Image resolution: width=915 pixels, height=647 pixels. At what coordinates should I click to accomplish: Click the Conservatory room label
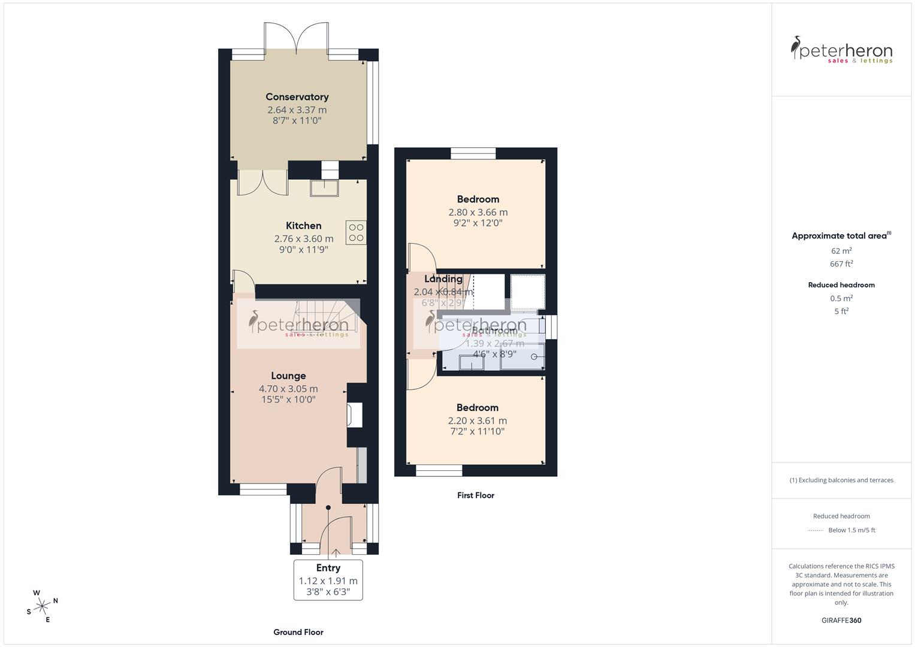tap(297, 97)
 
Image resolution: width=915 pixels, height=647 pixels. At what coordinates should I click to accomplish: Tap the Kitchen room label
tap(303, 226)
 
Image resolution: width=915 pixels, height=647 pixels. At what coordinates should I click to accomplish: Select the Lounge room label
tap(288, 376)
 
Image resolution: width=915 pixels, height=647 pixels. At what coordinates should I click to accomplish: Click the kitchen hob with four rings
tap(356, 232)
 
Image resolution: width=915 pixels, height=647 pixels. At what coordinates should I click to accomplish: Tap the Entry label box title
tap(328, 568)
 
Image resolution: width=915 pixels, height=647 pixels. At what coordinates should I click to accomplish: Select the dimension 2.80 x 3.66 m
tap(478, 212)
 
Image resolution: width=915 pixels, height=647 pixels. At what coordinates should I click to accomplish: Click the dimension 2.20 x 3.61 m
tap(477, 421)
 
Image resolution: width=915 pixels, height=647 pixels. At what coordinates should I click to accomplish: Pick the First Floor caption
tap(475, 495)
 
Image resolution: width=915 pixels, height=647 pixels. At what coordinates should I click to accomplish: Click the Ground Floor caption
tap(298, 632)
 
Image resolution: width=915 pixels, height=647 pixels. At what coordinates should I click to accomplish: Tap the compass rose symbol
tap(42, 606)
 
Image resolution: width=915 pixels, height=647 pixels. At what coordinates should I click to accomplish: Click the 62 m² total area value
tap(841, 251)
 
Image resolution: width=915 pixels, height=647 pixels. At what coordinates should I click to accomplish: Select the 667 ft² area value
tap(841, 264)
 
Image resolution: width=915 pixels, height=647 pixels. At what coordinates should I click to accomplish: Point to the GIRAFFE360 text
tap(841, 621)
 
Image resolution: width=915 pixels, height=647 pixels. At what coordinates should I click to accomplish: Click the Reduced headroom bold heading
tap(841, 285)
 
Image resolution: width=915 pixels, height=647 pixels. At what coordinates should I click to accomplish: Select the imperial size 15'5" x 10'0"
tap(288, 400)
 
